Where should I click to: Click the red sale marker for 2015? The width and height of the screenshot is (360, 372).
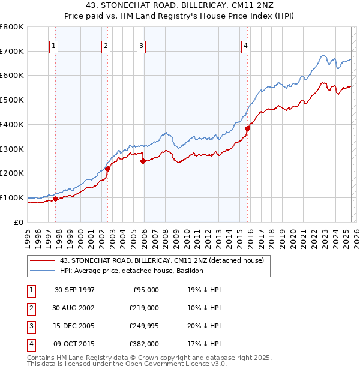[x=247, y=128]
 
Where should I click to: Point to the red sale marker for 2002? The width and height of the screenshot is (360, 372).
[x=107, y=169]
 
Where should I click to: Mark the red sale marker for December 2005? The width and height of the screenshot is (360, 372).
[x=143, y=161]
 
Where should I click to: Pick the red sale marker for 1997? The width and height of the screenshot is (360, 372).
[x=55, y=199]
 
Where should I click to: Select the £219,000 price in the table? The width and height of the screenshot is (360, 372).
[x=145, y=307]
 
